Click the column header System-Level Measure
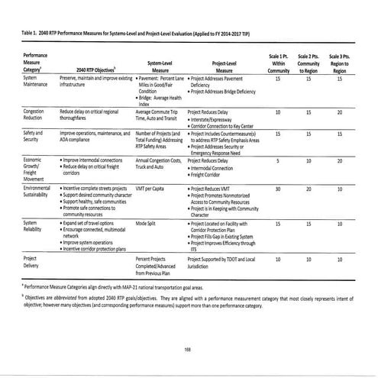159,66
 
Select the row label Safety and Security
34,136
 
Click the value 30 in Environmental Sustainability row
277,188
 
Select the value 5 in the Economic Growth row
277,160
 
